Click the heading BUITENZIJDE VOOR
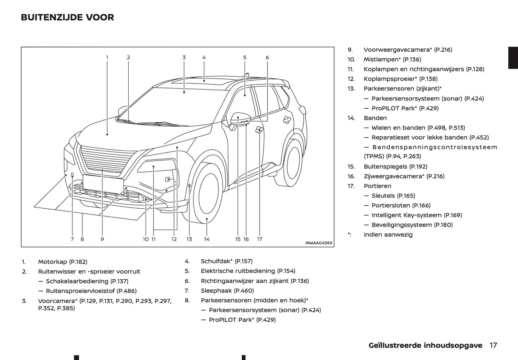point(67,17)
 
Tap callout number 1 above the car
point(107,57)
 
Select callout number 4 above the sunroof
point(204,57)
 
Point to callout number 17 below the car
point(260,239)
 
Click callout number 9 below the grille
point(102,239)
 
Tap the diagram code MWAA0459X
point(319,243)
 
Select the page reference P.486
point(127,291)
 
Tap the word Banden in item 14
point(375,118)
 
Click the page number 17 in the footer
point(493,345)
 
